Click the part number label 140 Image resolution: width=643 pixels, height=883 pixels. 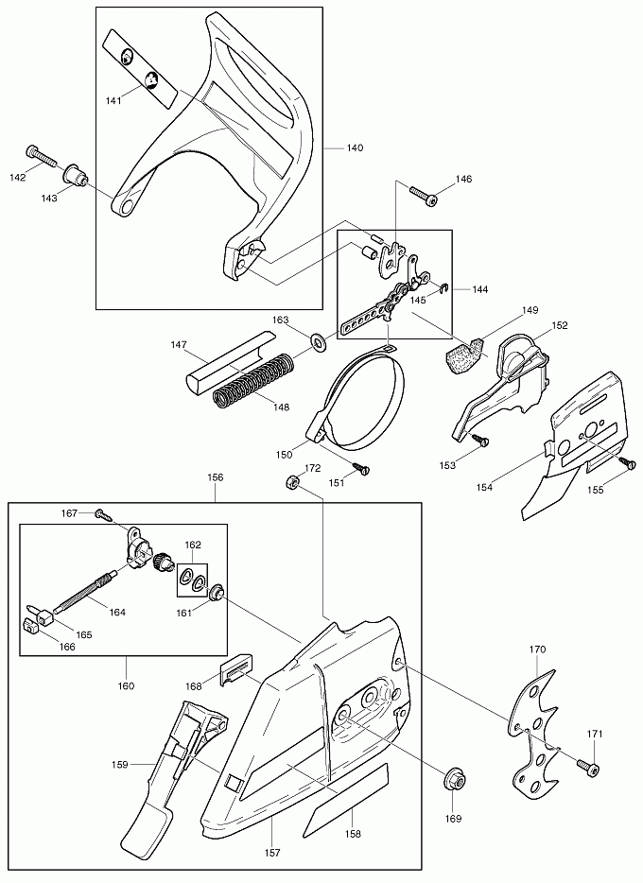point(355,148)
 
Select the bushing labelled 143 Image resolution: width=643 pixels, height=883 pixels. point(75,177)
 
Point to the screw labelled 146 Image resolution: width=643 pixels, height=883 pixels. point(422,196)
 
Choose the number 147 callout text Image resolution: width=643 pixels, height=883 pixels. point(178,346)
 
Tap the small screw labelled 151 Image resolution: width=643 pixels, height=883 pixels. point(359,467)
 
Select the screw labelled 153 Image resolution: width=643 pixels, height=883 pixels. point(481,440)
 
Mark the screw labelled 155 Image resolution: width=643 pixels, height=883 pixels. point(626,462)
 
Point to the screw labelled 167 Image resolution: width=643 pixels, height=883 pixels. point(101,513)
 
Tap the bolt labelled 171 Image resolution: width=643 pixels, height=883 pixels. point(586,768)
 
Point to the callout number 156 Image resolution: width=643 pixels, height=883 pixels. point(215,478)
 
